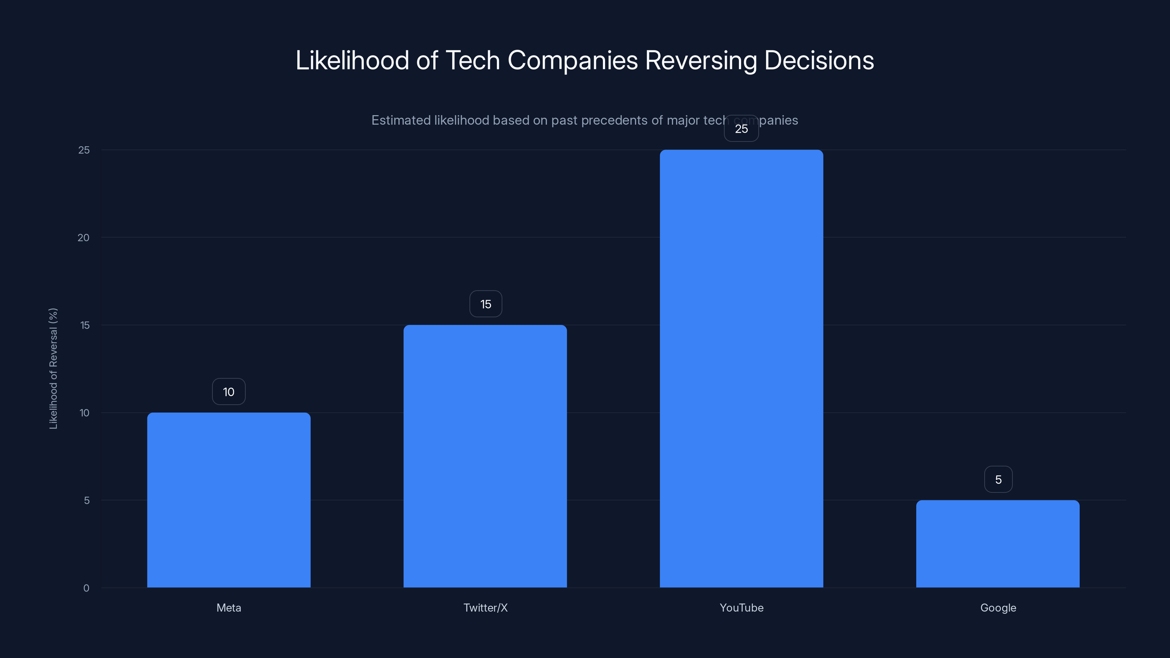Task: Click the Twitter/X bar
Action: pyautogui.click(x=485, y=456)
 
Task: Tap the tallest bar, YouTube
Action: pyautogui.click(x=741, y=368)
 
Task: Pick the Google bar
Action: pyautogui.click(x=997, y=544)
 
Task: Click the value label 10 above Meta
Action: pyautogui.click(x=229, y=392)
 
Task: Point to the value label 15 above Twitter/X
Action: pyautogui.click(x=486, y=304)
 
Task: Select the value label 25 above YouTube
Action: pyautogui.click(x=741, y=129)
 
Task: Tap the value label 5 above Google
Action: pyautogui.click(x=998, y=480)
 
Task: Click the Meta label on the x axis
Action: pyautogui.click(x=229, y=608)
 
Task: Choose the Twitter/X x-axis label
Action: pyautogui.click(x=485, y=608)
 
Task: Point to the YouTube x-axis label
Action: pyautogui.click(x=741, y=608)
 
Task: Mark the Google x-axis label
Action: pyautogui.click(x=998, y=608)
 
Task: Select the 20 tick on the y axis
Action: pyautogui.click(x=84, y=238)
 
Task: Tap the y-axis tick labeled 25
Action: pyautogui.click(x=84, y=150)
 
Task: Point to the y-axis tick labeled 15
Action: pyautogui.click(x=84, y=325)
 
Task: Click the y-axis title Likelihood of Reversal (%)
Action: pyautogui.click(x=53, y=368)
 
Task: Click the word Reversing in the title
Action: pyautogui.click(x=701, y=60)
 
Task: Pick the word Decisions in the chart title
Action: pyautogui.click(x=819, y=60)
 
